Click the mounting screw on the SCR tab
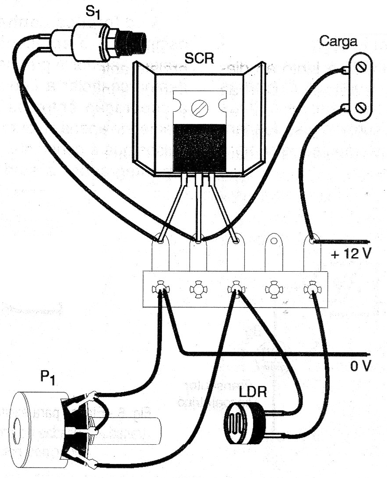199,106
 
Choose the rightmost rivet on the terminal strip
312,289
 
